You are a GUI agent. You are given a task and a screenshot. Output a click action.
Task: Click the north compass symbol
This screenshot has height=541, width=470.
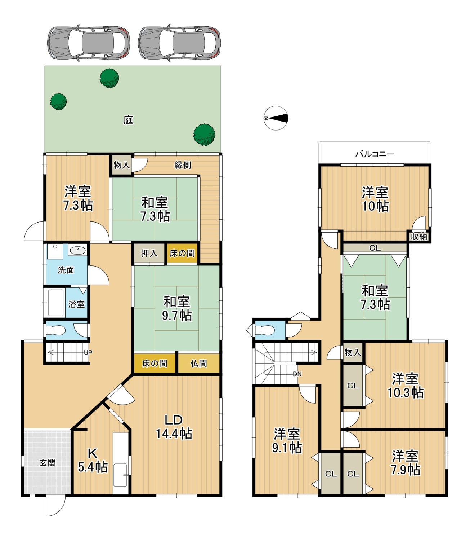[x=276, y=118]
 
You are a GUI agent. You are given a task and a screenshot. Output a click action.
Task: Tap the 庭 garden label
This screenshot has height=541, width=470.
[x=128, y=120]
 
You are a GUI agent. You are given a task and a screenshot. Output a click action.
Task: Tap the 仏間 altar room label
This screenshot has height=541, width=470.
[x=198, y=364]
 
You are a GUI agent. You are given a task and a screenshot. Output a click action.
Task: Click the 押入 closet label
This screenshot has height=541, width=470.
[x=149, y=253]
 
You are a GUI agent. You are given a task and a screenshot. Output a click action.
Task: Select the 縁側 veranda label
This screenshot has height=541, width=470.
[x=183, y=165]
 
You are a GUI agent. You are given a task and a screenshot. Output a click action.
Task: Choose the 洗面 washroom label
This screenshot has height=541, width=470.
[x=66, y=270]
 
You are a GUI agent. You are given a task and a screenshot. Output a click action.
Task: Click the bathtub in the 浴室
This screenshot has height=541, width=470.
[x=56, y=303]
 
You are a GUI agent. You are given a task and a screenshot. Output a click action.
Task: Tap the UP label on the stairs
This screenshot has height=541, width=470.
[x=88, y=352]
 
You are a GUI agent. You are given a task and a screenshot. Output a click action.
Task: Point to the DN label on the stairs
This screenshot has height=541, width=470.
[x=297, y=374]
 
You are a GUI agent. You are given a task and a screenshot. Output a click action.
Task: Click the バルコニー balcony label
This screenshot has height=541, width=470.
[x=375, y=154]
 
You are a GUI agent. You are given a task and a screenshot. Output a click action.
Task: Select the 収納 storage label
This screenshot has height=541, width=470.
[x=419, y=237]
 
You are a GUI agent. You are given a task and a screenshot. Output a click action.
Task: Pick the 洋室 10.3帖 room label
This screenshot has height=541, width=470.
[x=405, y=386]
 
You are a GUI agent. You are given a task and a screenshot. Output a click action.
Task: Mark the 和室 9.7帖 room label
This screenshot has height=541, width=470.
[x=176, y=309]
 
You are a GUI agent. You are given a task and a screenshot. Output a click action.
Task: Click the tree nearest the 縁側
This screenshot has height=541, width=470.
[x=204, y=135]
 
